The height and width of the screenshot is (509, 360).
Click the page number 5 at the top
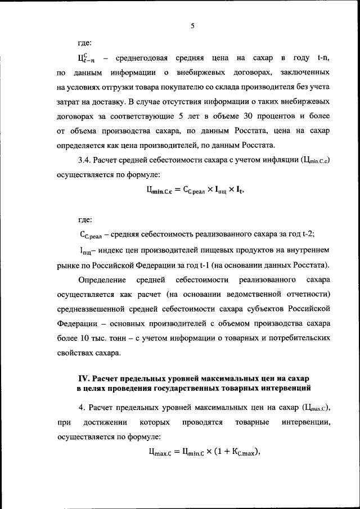click(x=192, y=25)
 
